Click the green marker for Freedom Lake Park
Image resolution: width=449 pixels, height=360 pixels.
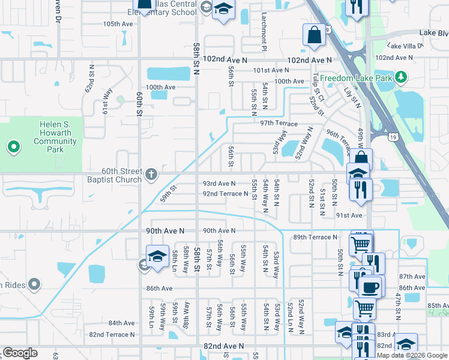pos(402,78)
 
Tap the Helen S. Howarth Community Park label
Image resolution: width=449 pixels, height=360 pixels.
pos(55,133)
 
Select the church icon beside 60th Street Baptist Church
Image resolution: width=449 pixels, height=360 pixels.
pos(152,175)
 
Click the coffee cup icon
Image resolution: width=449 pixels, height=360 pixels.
pos(370,287)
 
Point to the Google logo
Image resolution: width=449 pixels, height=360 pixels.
pos(20,353)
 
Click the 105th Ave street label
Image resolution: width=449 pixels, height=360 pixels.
pos(118,24)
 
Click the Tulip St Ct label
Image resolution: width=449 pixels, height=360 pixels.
pos(318,88)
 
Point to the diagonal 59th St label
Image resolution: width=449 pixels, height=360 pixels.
pos(169,192)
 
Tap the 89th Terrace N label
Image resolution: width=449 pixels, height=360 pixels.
pos(315,238)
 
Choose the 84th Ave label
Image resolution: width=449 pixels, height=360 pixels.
pos(121,323)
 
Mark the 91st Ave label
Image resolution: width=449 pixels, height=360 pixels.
pos(349,215)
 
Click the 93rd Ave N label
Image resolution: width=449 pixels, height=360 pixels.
pos(219,184)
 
